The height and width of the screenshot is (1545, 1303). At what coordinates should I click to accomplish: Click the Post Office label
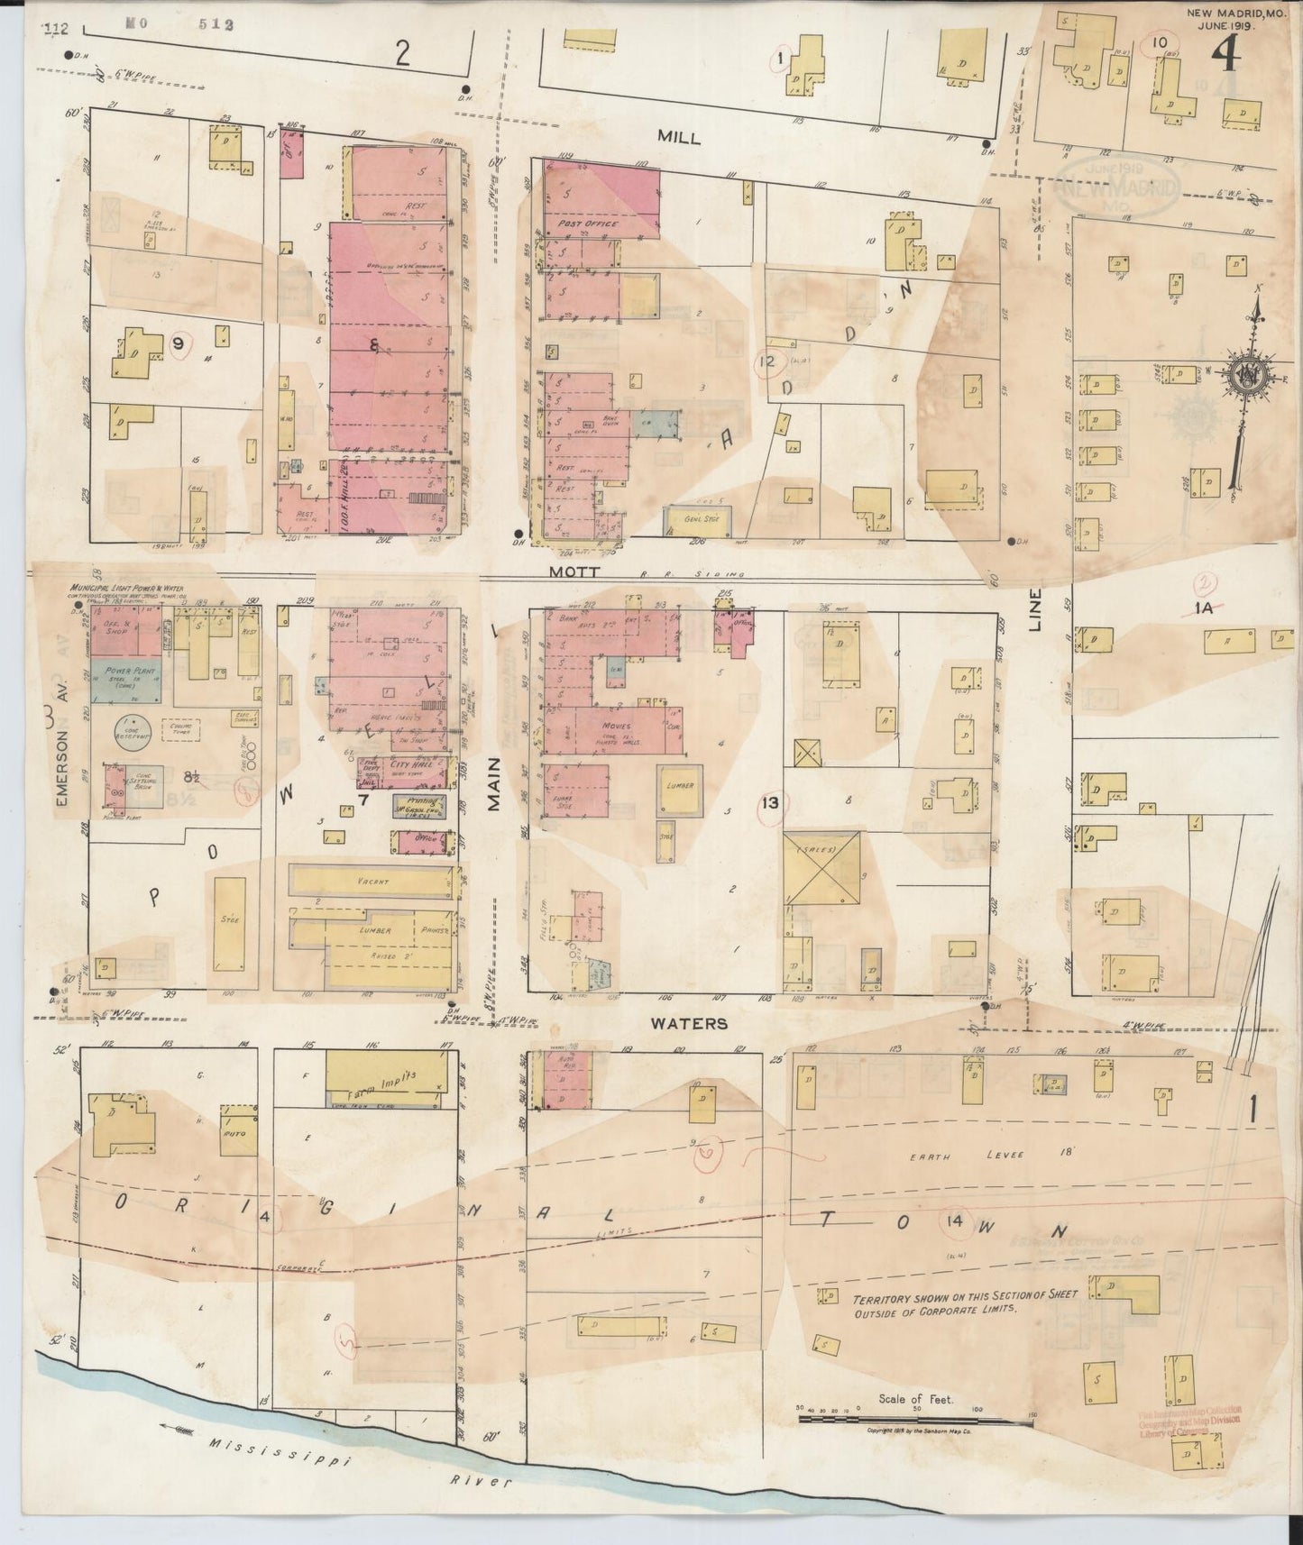pos(588,223)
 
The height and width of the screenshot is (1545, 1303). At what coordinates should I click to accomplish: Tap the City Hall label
pos(411,764)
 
